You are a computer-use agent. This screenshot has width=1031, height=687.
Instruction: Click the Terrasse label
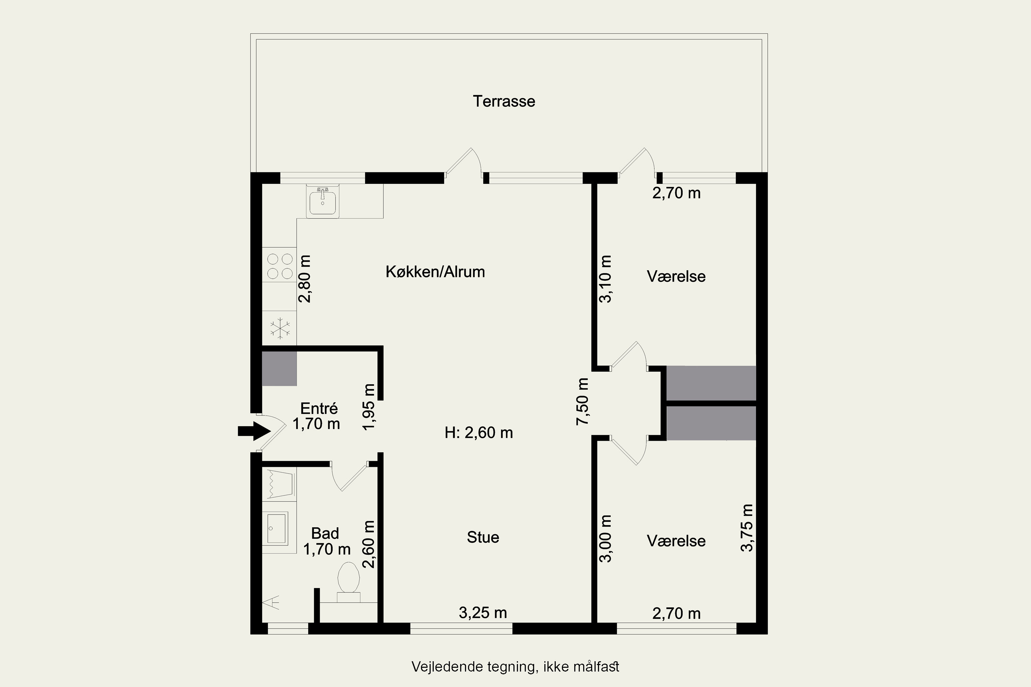coord(504,101)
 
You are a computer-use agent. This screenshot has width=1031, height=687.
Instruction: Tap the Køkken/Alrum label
coord(435,272)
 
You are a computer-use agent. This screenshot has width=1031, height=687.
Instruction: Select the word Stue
coord(483,537)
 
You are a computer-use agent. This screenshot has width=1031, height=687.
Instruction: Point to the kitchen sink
coord(323,202)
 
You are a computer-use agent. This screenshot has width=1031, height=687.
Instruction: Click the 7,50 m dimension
coord(583,401)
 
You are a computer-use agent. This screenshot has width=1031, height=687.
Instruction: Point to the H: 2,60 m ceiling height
coord(479,433)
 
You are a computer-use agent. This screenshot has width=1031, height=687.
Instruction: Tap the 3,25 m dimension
coord(483,613)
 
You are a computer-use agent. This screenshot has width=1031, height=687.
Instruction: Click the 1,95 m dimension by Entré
coord(369,407)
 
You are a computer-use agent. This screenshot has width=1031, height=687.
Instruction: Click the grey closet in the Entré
coord(279,369)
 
